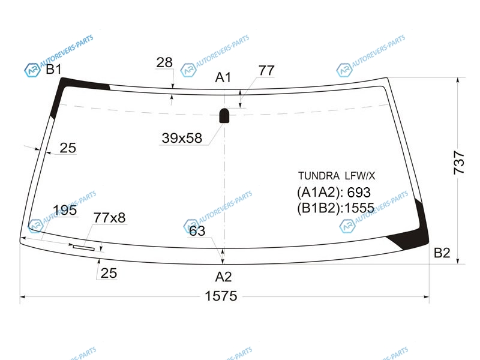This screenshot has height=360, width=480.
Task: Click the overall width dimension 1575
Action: point(221,296)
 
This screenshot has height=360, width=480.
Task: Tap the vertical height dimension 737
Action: point(459,162)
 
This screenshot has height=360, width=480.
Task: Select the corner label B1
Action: point(53,69)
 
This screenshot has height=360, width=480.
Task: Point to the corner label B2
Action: point(442,253)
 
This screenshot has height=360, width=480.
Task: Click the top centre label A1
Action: point(223,77)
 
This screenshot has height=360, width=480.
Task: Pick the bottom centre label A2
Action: point(223,277)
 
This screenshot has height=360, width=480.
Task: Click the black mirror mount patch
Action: point(224,115)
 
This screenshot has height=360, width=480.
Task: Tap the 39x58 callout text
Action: point(182,138)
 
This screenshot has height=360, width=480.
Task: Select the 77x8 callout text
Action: point(109,218)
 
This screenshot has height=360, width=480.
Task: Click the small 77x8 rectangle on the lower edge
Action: point(83,248)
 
